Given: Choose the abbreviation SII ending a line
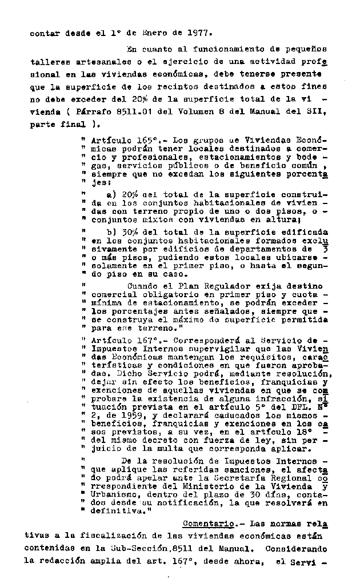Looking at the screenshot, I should tap(317, 113).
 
